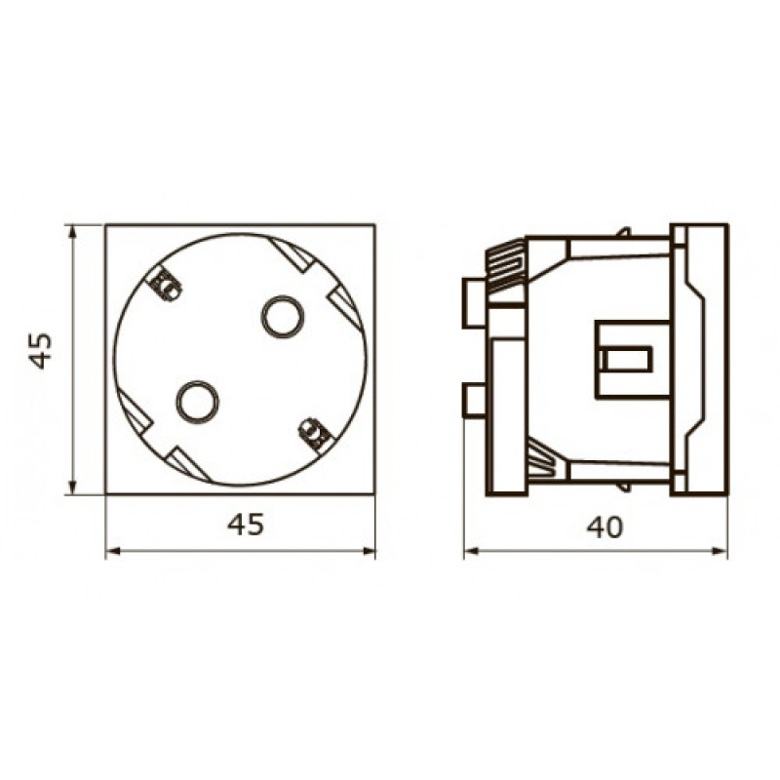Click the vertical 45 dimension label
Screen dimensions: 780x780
tap(41, 351)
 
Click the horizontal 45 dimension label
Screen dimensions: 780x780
tap(246, 525)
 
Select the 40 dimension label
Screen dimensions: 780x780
tap(604, 527)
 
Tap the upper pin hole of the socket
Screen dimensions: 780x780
tap(283, 316)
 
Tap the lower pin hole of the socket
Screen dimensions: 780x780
tap(198, 401)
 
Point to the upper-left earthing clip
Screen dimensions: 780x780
tap(166, 285)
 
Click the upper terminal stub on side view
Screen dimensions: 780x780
tap(475, 303)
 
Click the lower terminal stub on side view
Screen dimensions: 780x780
tap(475, 400)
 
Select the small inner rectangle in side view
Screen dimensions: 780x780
tap(625, 359)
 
